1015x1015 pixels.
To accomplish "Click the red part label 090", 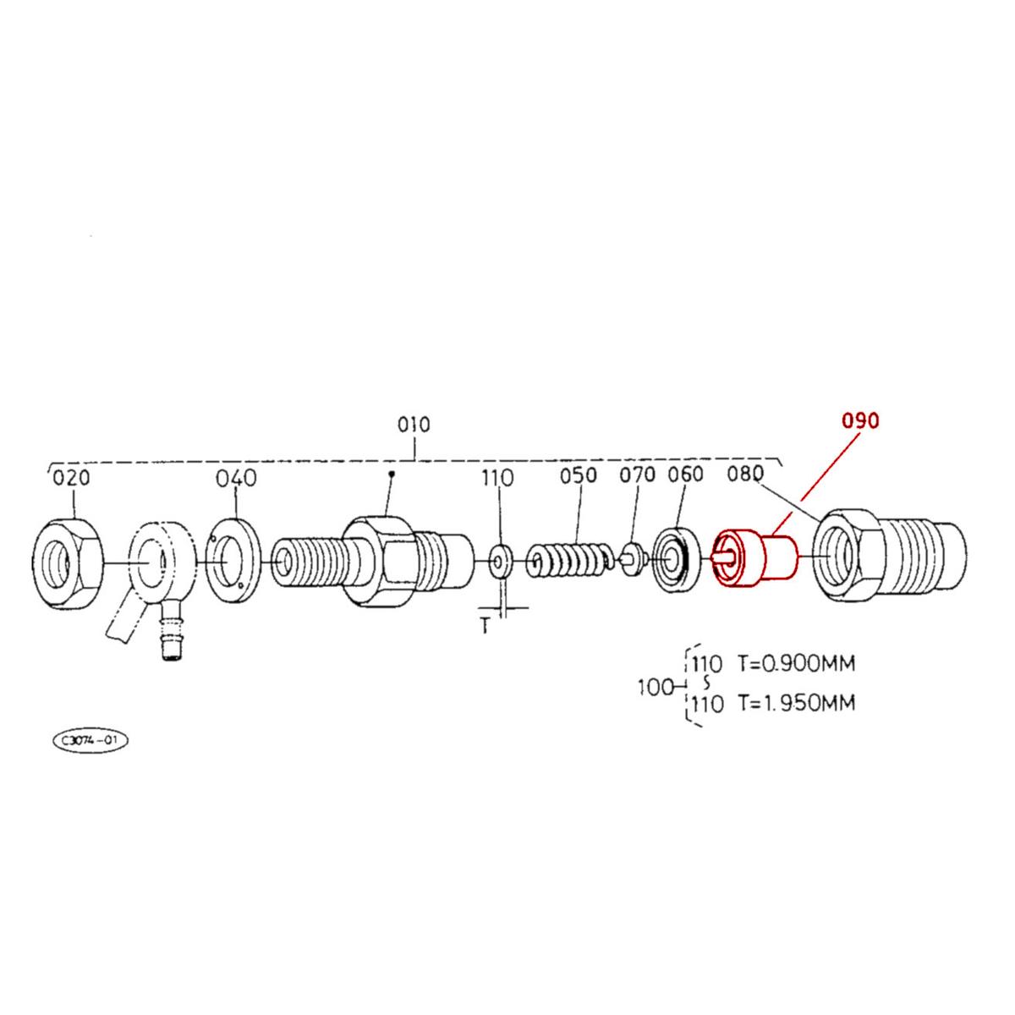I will coord(859,420).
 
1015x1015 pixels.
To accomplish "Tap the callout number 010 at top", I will coord(414,424).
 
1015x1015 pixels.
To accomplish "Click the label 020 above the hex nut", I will coord(71,478).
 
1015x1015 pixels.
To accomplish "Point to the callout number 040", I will coord(235,478).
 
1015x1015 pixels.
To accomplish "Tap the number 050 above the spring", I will coord(579,476).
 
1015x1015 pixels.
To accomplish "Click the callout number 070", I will coord(637,475).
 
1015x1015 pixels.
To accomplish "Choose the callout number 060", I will coord(685,475).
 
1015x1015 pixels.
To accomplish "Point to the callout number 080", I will coord(745,475).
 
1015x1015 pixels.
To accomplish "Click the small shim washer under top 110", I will coord(500,560).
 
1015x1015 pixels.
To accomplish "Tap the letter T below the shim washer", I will coord(485,628).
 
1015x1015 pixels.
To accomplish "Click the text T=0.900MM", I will coord(795,663).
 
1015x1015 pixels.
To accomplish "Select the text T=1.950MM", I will coord(795,703).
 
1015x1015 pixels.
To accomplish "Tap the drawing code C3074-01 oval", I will coord(91,741).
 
